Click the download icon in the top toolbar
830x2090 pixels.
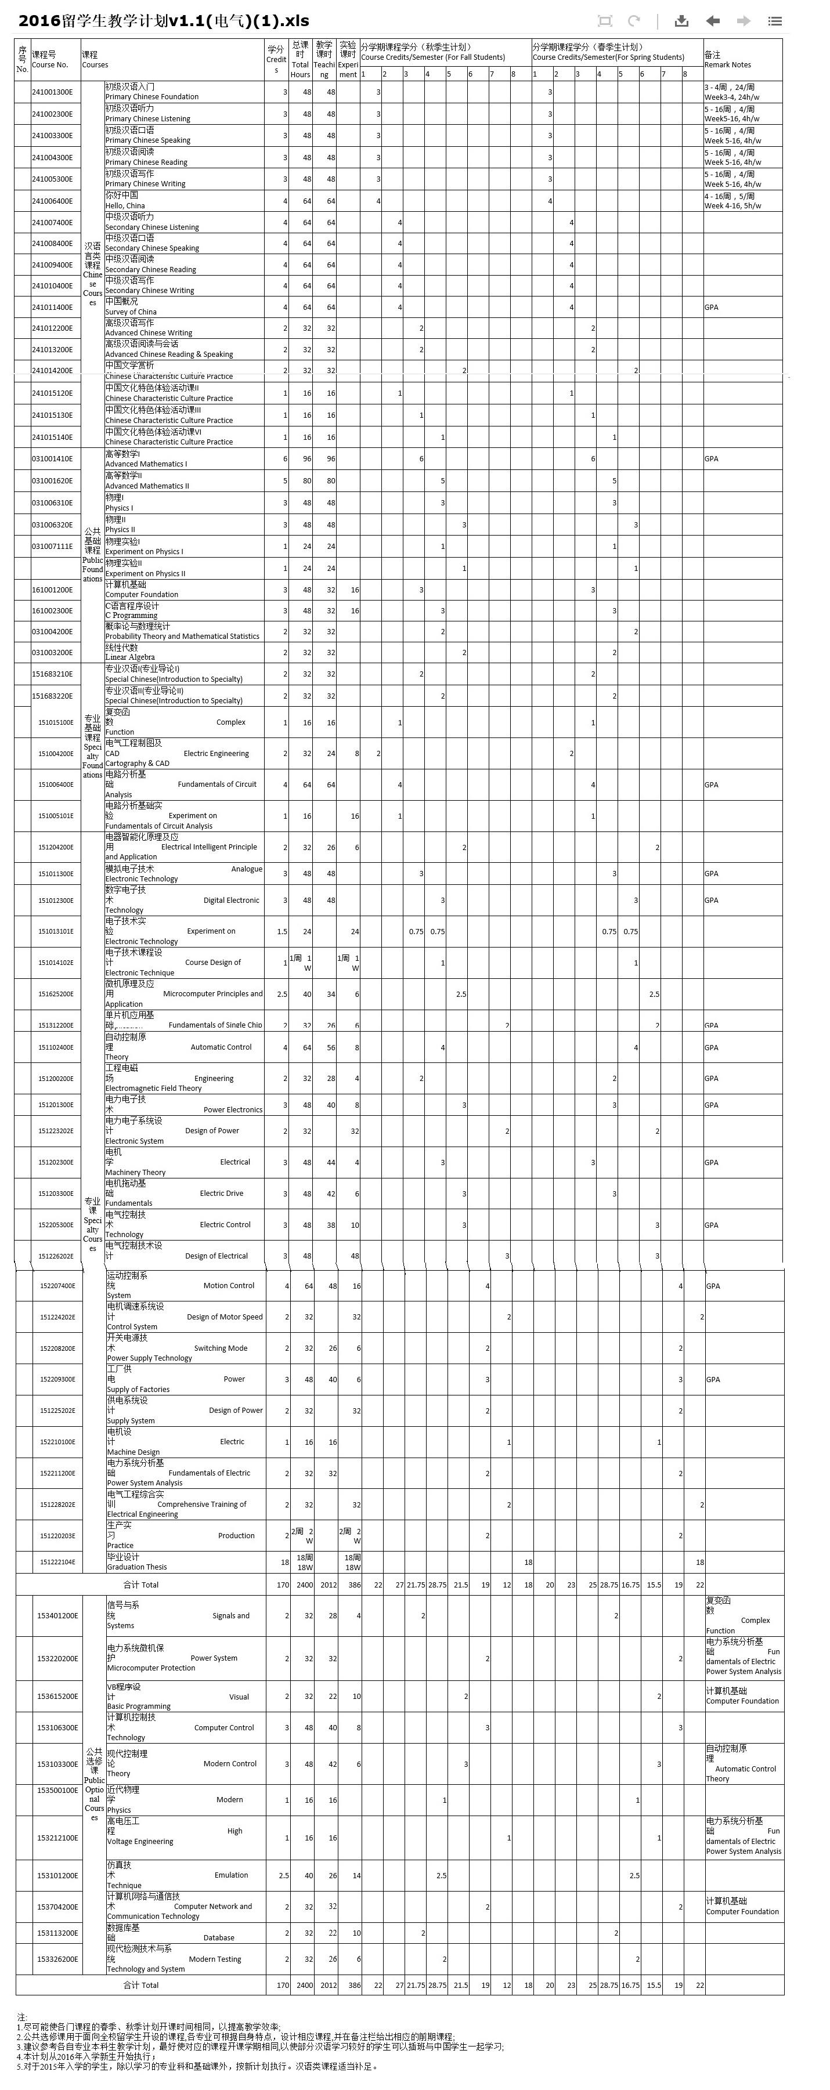point(681,21)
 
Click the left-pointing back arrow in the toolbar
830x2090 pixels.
point(713,21)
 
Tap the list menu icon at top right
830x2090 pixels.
point(775,21)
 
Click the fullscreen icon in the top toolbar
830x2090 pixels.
point(604,21)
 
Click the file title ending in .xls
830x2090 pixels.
point(163,21)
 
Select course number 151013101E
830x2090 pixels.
point(55,931)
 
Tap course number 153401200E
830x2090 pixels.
point(57,1615)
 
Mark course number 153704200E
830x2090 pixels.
point(57,1907)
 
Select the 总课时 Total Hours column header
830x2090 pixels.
point(300,60)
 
